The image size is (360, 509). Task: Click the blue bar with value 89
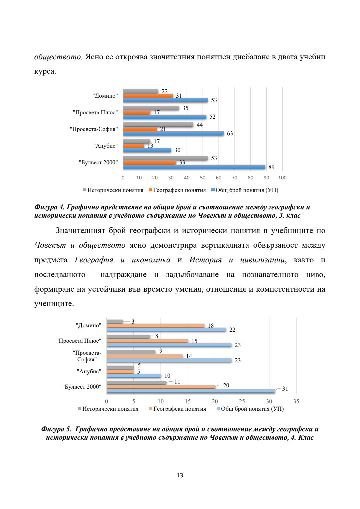pyautogui.click(x=194, y=167)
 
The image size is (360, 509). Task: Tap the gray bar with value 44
pyautogui.click(x=158, y=125)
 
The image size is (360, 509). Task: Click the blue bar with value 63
pyautogui.click(x=173, y=133)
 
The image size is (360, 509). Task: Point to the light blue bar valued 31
pyautogui.click(x=191, y=391)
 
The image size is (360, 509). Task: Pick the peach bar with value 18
pyautogui.click(x=155, y=325)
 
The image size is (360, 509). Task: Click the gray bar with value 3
pyautogui.click(x=115, y=321)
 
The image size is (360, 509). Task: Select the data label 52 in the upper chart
pyautogui.click(x=212, y=117)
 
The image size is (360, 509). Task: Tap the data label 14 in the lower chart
pyautogui.click(x=189, y=356)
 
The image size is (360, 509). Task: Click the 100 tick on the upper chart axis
pyautogui.click(x=282, y=178)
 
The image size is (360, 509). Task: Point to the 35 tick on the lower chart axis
pyautogui.click(x=296, y=401)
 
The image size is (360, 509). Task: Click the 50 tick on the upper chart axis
pyautogui.click(x=203, y=178)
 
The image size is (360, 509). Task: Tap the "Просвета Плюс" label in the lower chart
pyautogui.click(x=79, y=341)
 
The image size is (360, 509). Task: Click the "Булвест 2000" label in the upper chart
pyautogui.click(x=98, y=162)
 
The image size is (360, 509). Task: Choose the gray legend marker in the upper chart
pyautogui.click(x=85, y=190)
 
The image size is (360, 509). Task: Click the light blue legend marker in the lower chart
pyautogui.click(x=218, y=409)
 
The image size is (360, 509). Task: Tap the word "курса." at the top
pyautogui.click(x=45, y=72)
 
